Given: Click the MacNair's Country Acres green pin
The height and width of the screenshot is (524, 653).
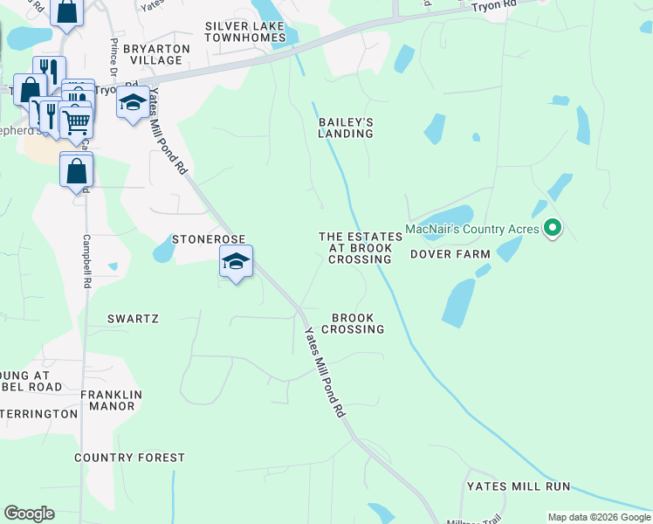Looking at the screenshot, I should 552,229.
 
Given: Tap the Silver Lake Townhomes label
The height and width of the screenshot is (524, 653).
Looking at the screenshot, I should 245,32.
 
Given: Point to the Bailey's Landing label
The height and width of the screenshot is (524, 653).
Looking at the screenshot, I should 346,128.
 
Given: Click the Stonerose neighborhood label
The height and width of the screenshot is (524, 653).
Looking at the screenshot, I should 208,238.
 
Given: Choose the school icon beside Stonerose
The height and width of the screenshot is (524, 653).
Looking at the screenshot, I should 236,262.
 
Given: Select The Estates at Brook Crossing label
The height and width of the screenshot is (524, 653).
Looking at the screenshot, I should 360,248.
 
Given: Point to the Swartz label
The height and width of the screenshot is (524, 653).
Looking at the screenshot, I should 133,319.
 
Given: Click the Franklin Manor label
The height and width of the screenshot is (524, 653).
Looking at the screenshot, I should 107,400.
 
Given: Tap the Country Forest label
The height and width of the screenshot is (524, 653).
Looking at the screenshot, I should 129,458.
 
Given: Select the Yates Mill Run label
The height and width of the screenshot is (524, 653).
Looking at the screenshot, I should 518,486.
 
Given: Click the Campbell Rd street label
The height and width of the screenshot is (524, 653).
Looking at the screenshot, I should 86,261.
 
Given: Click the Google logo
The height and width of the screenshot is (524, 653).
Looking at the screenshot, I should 29,514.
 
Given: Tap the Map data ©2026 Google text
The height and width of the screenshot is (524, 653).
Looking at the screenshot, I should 600,518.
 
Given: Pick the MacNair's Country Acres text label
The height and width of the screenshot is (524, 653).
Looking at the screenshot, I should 471,230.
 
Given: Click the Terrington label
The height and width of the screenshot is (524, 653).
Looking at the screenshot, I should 38,413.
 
